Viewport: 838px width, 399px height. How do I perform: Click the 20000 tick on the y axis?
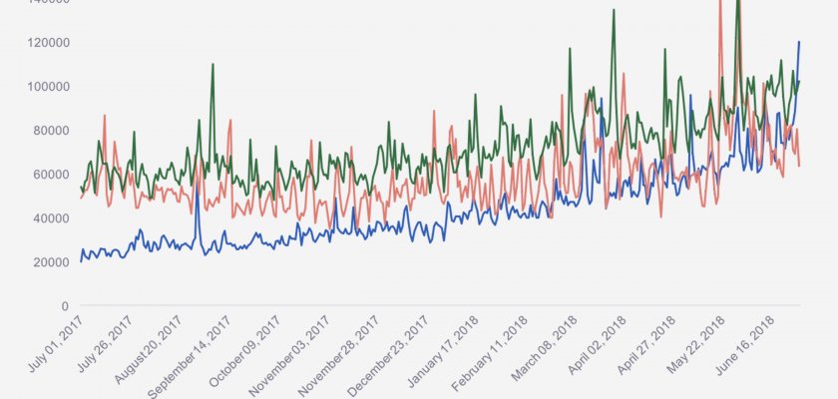49,262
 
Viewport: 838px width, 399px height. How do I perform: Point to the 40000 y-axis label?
49,218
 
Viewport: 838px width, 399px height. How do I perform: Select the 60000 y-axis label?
49,175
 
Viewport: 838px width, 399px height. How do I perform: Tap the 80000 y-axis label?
49,131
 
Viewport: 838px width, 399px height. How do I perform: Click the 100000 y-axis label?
46,87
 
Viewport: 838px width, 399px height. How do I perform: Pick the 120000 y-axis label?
46,43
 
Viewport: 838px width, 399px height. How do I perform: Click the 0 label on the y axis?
64,306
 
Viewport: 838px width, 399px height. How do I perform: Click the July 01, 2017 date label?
56,345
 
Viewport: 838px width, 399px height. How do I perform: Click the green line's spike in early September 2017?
212,65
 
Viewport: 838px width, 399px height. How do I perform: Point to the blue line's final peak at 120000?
799,42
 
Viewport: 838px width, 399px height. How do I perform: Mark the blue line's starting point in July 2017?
81,261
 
